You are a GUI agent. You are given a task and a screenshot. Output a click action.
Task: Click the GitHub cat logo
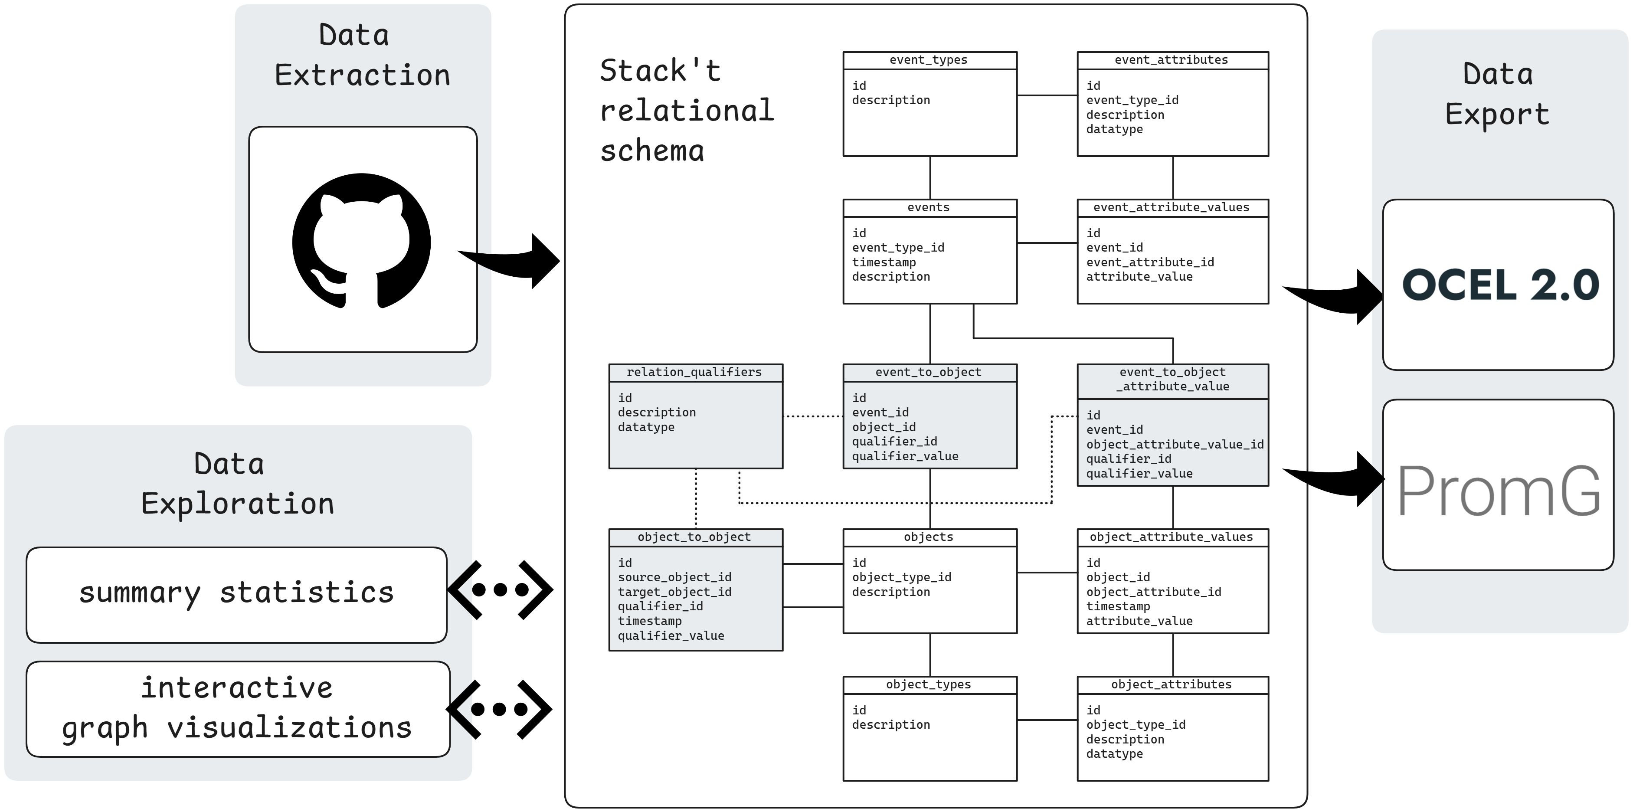coord(361,241)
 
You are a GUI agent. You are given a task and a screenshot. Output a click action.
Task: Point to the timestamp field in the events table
coord(884,262)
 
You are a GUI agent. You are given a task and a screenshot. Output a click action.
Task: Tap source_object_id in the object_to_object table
coord(674,577)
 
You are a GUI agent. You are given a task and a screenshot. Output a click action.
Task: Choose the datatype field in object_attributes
coord(1114,754)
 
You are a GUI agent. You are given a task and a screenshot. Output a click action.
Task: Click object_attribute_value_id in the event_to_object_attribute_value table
coord(1175,444)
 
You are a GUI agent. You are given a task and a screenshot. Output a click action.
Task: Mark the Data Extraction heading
coord(362,55)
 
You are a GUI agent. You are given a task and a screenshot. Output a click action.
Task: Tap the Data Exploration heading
coord(237,484)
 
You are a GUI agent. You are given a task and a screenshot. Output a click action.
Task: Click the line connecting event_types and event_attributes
coord(1047,96)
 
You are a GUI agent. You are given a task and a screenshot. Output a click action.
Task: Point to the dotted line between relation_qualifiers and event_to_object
coord(813,416)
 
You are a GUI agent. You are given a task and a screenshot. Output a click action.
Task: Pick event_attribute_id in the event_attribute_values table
coord(1150,262)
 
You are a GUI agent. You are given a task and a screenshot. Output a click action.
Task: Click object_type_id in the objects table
coord(901,577)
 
